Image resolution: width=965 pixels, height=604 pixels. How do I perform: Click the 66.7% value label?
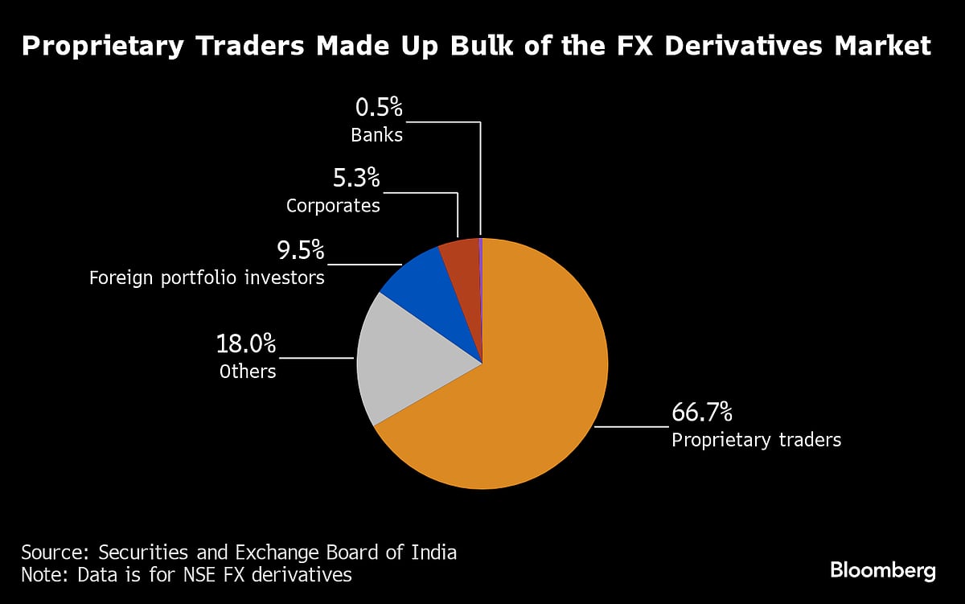pos(701,413)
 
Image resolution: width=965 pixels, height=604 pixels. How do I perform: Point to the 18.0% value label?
pos(245,345)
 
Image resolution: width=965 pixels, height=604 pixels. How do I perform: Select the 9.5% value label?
pos(301,251)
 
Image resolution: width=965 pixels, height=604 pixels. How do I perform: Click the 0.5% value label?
pos(378,108)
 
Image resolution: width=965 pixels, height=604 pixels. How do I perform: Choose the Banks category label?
pos(376,134)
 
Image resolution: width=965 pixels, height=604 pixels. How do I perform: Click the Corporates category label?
pos(333,206)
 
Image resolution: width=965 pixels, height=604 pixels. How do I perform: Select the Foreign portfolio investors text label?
pos(207,278)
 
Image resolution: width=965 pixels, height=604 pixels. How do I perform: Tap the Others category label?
pos(248,372)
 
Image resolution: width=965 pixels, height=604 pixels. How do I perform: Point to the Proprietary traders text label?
pos(756,440)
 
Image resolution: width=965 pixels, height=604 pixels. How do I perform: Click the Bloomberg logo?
pos(882,571)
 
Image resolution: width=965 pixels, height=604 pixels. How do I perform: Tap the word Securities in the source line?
pos(141,553)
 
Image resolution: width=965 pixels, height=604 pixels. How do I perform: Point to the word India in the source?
pos(435,553)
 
